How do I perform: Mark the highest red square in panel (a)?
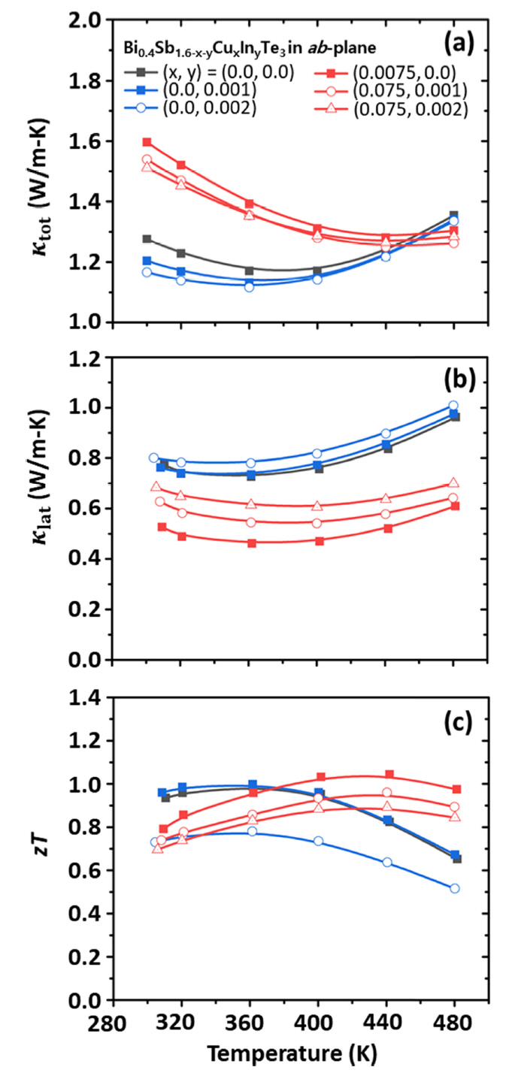147,142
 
